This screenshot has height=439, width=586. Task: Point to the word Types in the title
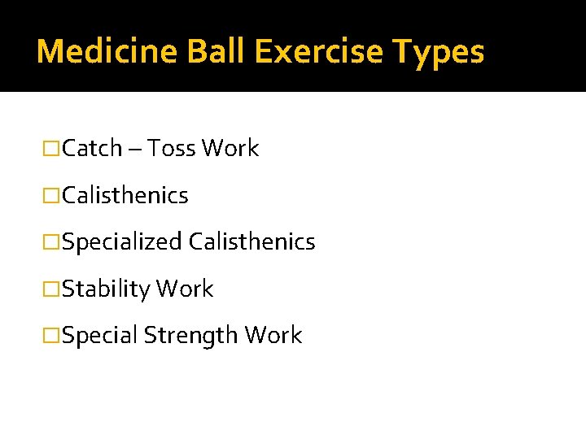[x=439, y=52]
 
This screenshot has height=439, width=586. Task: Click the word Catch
[x=92, y=149]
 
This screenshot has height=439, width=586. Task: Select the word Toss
[x=171, y=149]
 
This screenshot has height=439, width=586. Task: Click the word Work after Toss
[x=230, y=149]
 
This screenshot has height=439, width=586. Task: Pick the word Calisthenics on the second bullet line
[x=125, y=196]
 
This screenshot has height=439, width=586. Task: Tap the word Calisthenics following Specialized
[x=251, y=242]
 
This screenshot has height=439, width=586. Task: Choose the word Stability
[x=106, y=289]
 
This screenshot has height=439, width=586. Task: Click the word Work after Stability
[x=185, y=289]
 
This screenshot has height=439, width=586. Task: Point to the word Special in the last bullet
[x=99, y=336]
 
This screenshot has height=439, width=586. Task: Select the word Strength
[x=191, y=336]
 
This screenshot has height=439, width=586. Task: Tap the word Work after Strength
[x=273, y=336]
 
